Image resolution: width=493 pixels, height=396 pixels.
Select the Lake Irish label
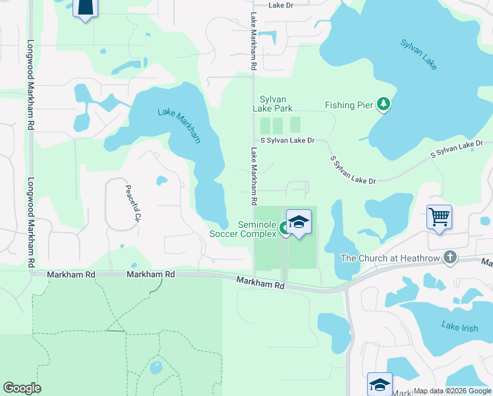(x=459, y=326)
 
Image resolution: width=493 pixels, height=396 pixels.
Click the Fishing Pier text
(x=349, y=105)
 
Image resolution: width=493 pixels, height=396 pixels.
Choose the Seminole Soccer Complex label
(x=243, y=228)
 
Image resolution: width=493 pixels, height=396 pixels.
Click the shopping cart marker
(x=439, y=216)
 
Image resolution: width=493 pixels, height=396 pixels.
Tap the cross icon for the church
(x=450, y=257)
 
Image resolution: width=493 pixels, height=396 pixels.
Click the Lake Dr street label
(x=284, y=5)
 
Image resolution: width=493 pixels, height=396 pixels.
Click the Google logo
(x=22, y=388)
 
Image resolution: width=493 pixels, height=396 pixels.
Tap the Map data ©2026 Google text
(x=452, y=391)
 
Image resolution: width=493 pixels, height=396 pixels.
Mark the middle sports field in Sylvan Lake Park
(x=277, y=125)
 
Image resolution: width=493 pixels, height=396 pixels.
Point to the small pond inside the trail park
(x=156, y=367)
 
